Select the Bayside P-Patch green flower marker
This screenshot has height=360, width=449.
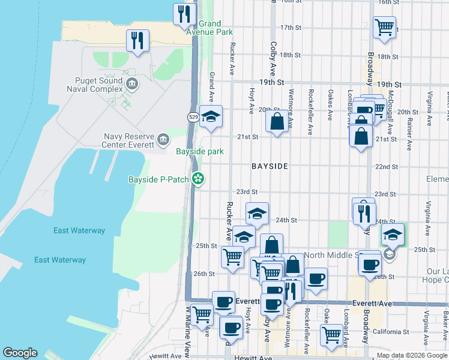point(197,179)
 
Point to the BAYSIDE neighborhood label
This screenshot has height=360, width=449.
point(270,166)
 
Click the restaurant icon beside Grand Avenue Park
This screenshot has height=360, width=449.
point(184,14)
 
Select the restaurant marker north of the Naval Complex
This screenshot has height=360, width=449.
point(137,41)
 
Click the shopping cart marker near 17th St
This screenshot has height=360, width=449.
point(384,27)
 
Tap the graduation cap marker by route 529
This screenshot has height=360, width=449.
point(211,116)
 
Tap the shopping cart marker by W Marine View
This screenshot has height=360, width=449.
point(201,313)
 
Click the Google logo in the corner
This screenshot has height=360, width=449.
point(20,353)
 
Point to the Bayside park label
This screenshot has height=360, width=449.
point(199,152)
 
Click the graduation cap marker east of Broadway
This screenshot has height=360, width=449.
point(393,235)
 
